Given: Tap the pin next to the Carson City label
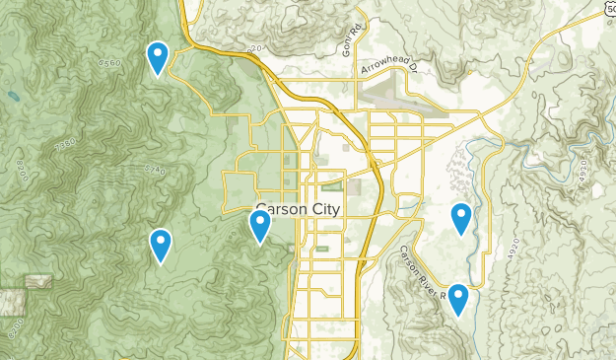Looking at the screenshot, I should point(259,226).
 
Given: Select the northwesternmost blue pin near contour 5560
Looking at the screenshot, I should point(158,58).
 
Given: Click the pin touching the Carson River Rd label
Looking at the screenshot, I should point(458,300).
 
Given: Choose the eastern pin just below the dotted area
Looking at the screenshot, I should point(461,218).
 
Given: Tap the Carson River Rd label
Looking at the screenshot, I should point(426,271).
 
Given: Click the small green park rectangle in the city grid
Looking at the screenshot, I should point(332,184).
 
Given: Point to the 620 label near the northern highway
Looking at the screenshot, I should point(255,48).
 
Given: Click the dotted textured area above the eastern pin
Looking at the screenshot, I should point(455,174).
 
